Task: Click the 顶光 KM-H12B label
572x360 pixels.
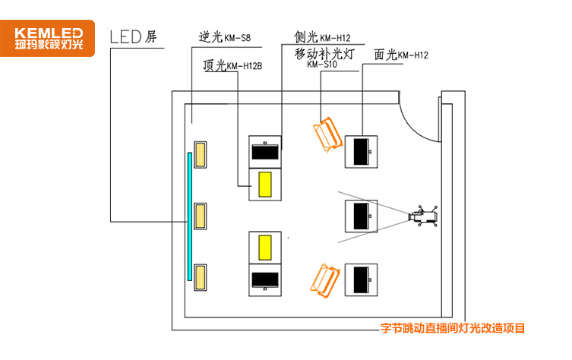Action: coord(232,66)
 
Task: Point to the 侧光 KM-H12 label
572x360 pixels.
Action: coord(322,37)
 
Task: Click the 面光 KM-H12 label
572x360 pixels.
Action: coord(401,55)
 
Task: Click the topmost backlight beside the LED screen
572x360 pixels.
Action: coord(201,155)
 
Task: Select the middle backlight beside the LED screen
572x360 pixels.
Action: coord(201,216)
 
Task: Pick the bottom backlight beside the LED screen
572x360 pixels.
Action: coord(201,275)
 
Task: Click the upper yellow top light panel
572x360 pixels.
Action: coord(265,185)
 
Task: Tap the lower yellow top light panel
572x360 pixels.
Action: coord(265,247)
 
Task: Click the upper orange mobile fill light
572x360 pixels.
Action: coord(327,134)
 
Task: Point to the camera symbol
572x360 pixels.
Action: coord(423,217)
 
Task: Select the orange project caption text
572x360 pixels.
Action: coord(452,329)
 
